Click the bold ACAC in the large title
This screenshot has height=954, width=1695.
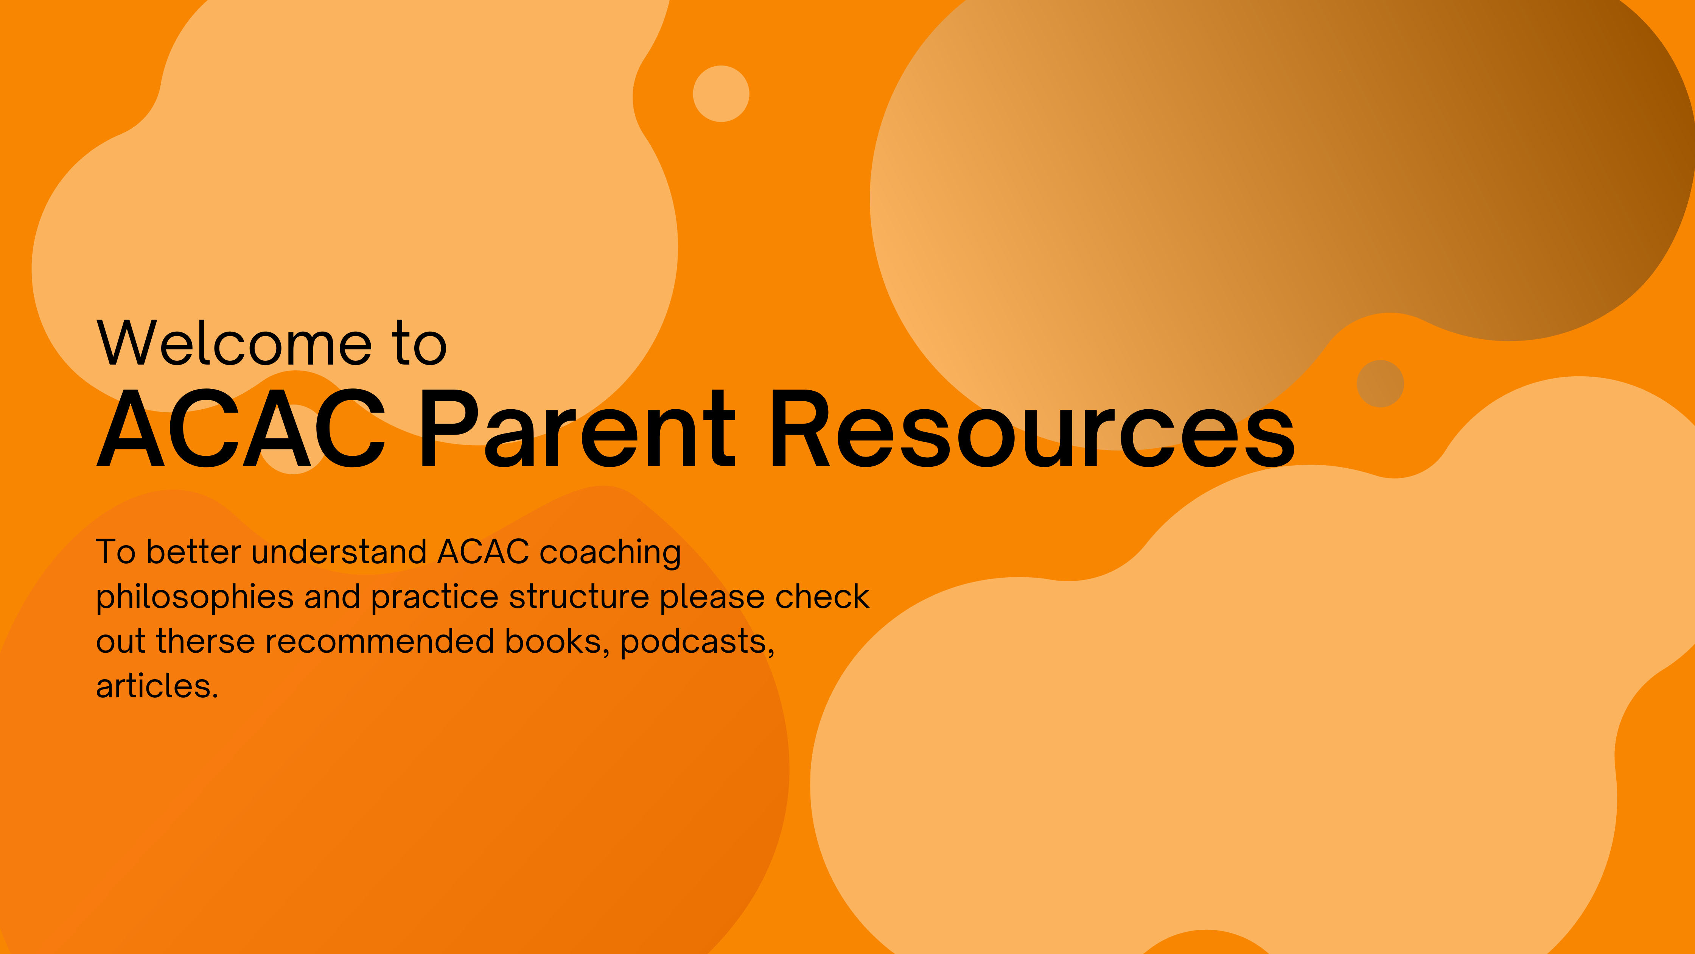[241, 428]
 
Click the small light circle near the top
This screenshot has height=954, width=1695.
[721, 94]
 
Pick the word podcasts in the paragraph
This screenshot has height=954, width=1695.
[697, 642]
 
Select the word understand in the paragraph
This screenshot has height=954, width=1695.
[339, 552]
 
